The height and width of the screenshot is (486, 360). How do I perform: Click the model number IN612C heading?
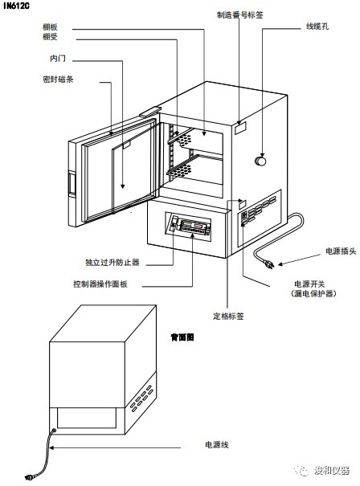point(16,6)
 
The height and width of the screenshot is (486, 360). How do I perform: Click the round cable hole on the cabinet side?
point(260,161)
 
